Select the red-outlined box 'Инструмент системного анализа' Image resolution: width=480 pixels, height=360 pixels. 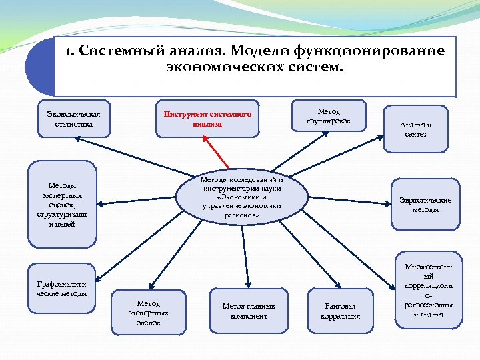(207, 119)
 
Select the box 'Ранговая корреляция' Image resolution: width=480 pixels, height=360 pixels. (340, 310)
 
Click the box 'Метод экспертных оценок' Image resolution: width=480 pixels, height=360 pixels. (149, 311)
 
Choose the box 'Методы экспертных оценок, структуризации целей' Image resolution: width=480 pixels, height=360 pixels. (62, 204)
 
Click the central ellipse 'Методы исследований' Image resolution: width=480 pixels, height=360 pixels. (242, 197)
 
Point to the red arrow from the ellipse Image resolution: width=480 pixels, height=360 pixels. (218, 152)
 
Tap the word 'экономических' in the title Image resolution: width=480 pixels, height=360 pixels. (221, 67)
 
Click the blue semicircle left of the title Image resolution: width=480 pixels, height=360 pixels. (39, 67)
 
